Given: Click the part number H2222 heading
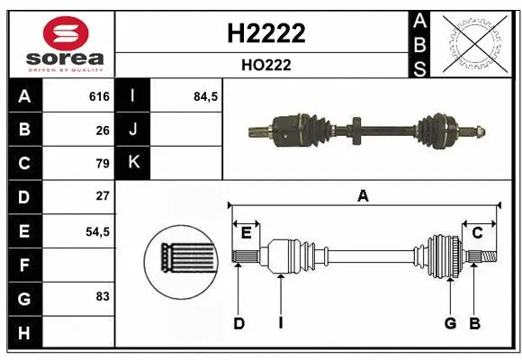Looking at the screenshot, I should [263, 33].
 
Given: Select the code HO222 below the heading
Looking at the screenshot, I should [263, 66].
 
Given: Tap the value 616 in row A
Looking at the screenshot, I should [98, 96].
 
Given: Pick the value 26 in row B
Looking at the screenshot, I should [102, 130].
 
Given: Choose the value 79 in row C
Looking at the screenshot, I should [102, 164].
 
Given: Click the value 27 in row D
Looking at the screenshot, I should [102, 196].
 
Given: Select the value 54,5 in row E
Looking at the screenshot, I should [97, 231].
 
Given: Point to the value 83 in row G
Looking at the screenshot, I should [102, 295].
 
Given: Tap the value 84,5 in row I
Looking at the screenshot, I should [206, 96].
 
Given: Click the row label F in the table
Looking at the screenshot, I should [24, 265].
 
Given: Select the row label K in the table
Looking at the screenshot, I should [134, 164].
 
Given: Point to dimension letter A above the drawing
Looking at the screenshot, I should [363, 195].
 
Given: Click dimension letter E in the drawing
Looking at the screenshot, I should [246, 233].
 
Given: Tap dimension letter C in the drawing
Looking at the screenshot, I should [477, 233].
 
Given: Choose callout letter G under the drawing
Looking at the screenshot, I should [449, 323].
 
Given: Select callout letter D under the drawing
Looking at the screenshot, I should [239, 323].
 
